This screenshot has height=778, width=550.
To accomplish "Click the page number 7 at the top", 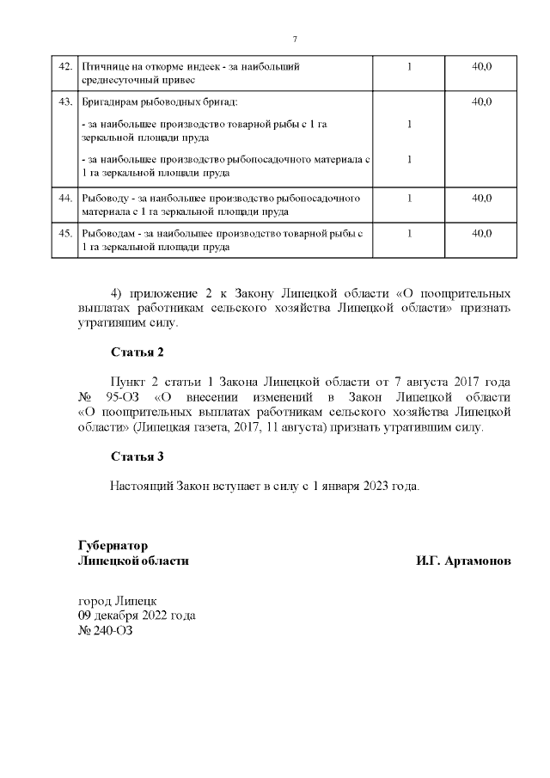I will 295,40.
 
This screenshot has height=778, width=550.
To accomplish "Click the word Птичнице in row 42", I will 104,66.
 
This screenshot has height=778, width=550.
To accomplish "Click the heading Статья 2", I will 137,352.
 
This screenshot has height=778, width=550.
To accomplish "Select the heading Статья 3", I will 137,456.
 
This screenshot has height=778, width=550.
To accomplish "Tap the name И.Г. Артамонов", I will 463,561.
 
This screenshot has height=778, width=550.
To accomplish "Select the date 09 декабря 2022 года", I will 137,616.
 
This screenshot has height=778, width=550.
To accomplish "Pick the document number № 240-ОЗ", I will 106,631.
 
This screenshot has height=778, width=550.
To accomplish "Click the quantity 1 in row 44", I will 409,198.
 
